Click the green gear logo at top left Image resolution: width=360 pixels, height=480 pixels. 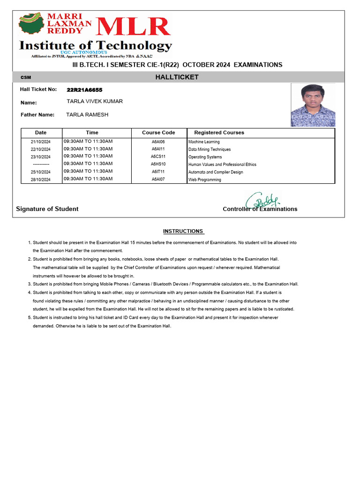pos(32,26)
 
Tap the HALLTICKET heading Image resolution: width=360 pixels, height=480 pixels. pos(177,77)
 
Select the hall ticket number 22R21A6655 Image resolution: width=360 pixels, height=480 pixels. pos(84,90)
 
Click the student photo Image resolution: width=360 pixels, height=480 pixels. pos(313,105)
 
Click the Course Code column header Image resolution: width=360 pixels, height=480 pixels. pos(158,133)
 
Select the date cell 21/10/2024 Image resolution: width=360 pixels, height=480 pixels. pos(40,142)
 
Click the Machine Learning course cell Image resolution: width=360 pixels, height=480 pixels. pos(204,142)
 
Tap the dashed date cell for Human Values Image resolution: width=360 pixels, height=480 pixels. pos(40,165)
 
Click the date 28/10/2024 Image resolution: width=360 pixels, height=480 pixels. pos(40,180)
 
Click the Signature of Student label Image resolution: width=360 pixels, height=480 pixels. pos(47,209)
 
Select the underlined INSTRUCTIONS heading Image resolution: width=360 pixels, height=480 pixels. pos(183,231)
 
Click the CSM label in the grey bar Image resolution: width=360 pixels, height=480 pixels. pos(26,77)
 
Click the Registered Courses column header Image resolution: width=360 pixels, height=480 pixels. pos(219,133)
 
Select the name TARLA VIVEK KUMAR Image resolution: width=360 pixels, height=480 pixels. pos(95,101)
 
